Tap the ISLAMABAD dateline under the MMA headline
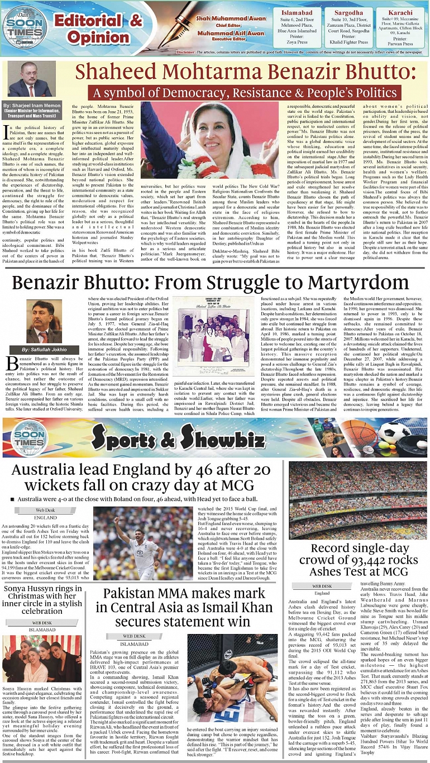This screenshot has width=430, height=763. click(x=134, y=644)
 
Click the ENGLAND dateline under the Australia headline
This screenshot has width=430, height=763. click(x=46, y=518)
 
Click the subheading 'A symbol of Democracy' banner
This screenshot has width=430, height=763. click(x=237, y=92)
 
